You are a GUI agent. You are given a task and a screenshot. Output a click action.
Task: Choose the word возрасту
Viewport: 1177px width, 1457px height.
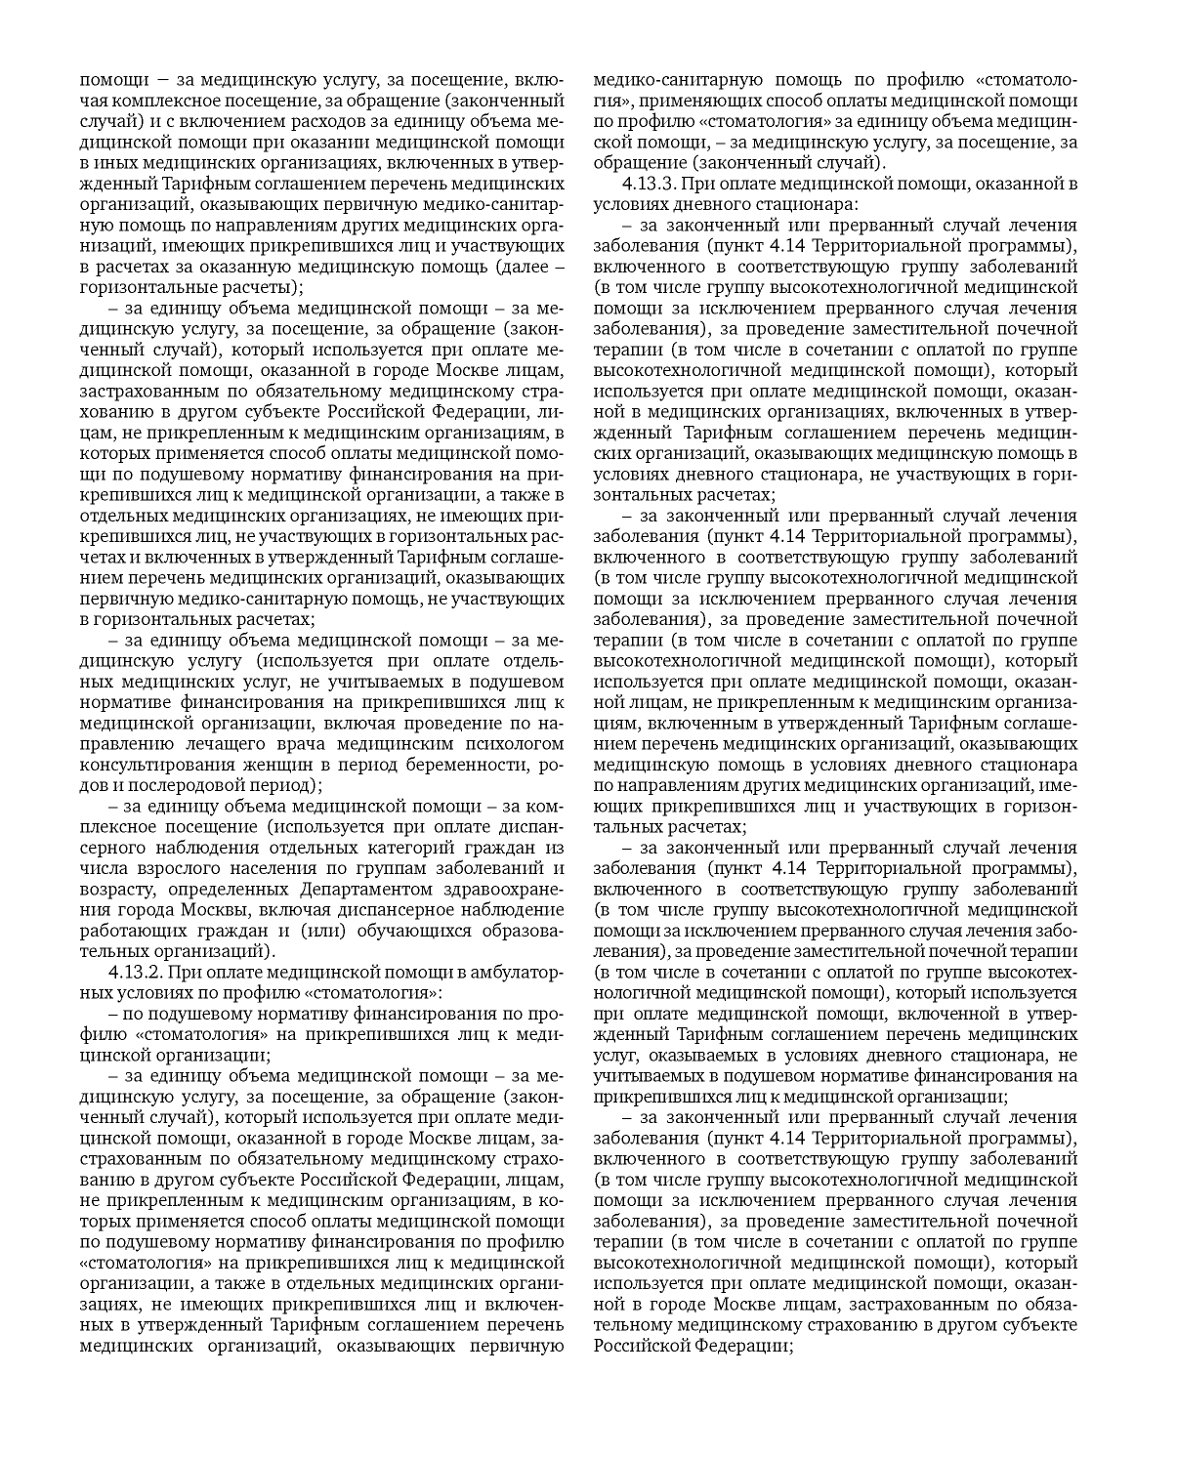[115, 889]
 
